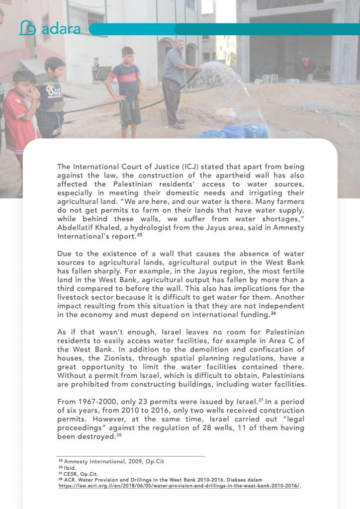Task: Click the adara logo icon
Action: [28, 28]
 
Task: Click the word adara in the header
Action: [61, 29]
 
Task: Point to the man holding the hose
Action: [174, 82]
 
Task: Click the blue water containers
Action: [234, 132]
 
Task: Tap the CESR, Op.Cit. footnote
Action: [80, 474]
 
